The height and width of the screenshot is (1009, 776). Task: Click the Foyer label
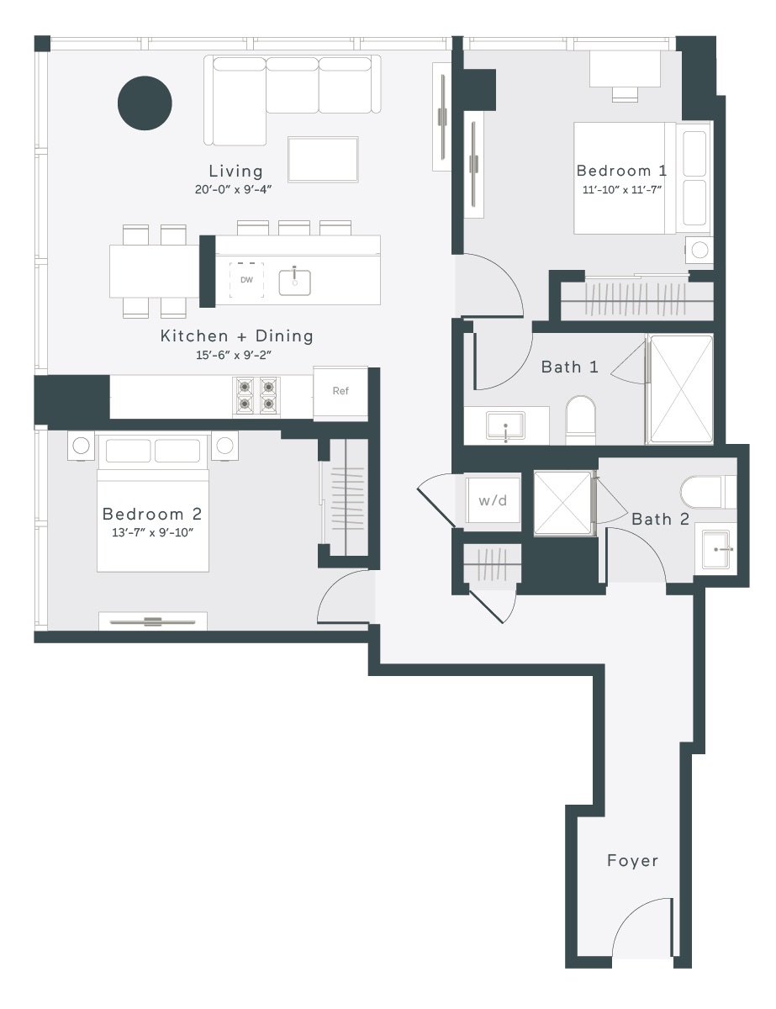pyautogui.click(x=632, y=861)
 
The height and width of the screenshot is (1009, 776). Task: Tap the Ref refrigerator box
pyautogui.click(x=340, y=393)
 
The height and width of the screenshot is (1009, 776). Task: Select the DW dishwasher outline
pyautogui.click(x=246, y=280)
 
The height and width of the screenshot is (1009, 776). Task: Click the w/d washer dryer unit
pyautogui.click(x=493, y=500)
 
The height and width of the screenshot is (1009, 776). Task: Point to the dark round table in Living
pyautogui.click(x=145, y=103)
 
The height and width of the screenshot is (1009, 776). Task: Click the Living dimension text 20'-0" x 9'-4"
pyautogui.click(x=233, y=190)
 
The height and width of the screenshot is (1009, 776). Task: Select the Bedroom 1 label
pyautogui.click(x=622, y=171)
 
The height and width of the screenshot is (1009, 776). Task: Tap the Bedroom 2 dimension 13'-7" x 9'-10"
pyautogui.click(x=153, y=532)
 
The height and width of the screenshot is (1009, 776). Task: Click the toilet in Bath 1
pyautogui.click(x=581, y=420)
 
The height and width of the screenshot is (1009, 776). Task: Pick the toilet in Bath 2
pyautogui.click(x=708, y=492)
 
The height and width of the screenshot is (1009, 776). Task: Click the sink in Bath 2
pyautogui.click(x=719, y=550)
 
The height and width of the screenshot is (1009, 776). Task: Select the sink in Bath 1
pyautogui.click(x=505, y=425)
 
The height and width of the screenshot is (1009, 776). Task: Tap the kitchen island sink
pyautogui.click(x=295, y=283)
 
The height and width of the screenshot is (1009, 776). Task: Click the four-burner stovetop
pyautogui.click(x=256, y=396)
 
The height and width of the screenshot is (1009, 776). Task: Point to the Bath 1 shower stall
pyautogui.click(x=681, y=389)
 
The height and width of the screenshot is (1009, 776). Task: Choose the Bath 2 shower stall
pyautogui.click(x=563, y=504)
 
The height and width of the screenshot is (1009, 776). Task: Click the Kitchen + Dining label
pyautogui.click(x=237, y=335)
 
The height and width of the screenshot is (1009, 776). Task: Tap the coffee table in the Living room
pyautogui.click(x=323, y=159)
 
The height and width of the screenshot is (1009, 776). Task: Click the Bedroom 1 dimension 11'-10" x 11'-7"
pyautogui.click(x=622, y=190)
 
